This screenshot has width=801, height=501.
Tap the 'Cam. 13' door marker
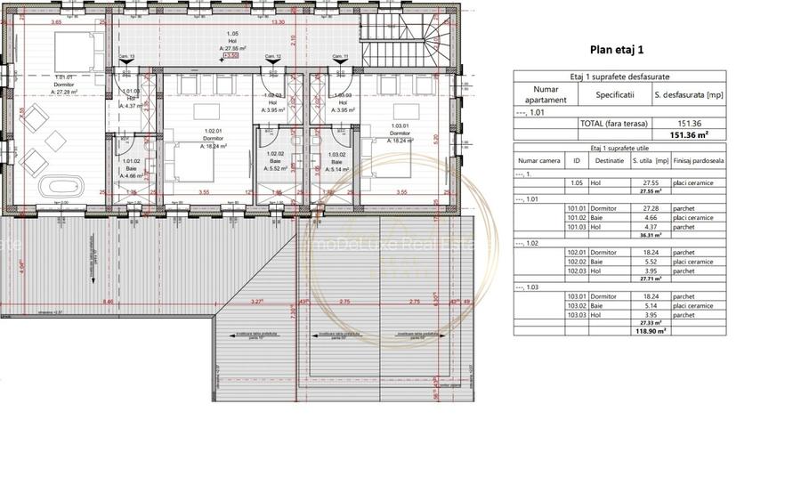pyautogui.click(x=127, y=57)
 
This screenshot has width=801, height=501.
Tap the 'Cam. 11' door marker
pyautogui.click(x=338, y=57)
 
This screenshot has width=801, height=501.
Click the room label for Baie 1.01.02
pyautogui.click(x=132, y=168)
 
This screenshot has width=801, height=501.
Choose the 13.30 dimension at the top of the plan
pyautogui.click(x=278, y=21)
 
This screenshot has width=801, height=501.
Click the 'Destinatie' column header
pyautogui.click(x=610, y=161)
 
